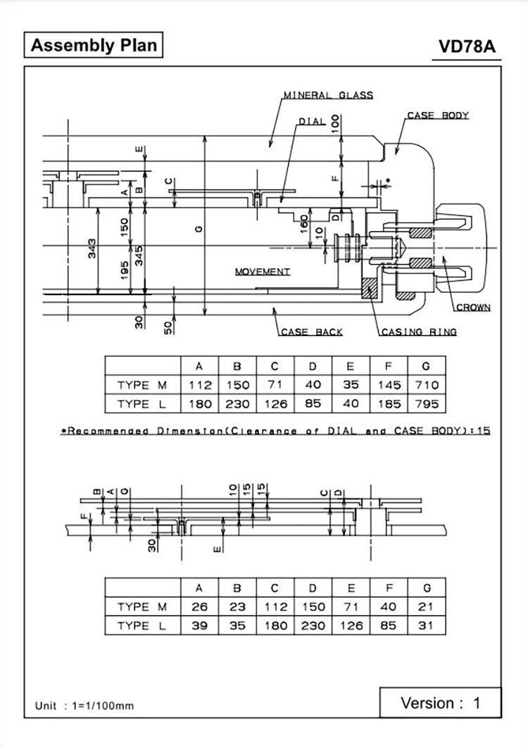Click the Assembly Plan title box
click(94, 46)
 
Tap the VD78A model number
click(467, 47)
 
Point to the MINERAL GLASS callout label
click(328, 95)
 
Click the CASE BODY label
click(437, 116)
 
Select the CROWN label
click(473, 307)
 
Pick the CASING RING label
click(419, 332)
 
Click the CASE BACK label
click(311, 332)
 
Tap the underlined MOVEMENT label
click(262, 271)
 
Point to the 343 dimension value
click(92, 249)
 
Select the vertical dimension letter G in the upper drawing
click(199, 228)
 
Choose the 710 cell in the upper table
click(426, 385)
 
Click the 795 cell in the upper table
click(426, 404)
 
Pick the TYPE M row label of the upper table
click(142, 385)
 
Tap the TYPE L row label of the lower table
click(142, 626)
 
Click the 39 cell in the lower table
click(199, 626)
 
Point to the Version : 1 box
click(440, 702)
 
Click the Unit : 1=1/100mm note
click(84, 705)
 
